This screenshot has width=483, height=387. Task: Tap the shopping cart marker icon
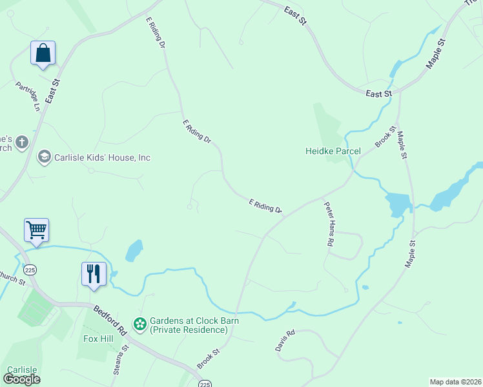pyautogui.click(x=36, y=230)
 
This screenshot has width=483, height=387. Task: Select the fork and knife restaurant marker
pyautogui.click(x=93, y=273)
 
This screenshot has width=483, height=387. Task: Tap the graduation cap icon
pyautogui.click(x=44, y=157)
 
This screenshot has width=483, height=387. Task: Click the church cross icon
pyautogui.click(x=22, y=142)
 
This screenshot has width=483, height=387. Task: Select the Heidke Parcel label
pyautogui.click(x=333, y=152)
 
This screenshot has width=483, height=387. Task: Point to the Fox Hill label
pyautogui.click(x=98, y=338)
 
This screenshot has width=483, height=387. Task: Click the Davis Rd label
pyautogui.click(x=285, y=340)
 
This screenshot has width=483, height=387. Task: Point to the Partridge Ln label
pyautogui.click(x=28, y=96)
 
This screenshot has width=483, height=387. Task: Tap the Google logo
pyautogui.click(x=21, y=379)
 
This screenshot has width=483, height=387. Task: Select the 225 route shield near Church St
pyautogui.click(x=30, y=269)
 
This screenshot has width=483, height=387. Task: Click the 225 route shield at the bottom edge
pyautogui.click(x=205, y=384)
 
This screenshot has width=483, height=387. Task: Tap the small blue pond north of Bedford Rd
pyautogui.click(x=134, y=251)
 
